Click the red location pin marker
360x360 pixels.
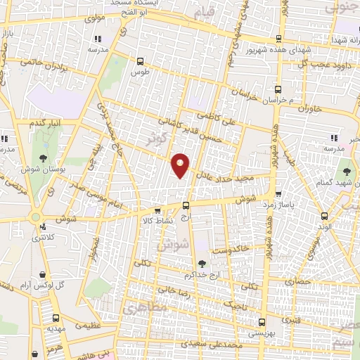[x=181, y=165]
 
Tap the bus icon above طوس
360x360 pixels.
[x=140, y=61]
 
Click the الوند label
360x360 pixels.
[x=323, y=227]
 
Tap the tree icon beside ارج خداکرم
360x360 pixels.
[x=202, y=264]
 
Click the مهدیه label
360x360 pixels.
[x=57, y=328]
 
